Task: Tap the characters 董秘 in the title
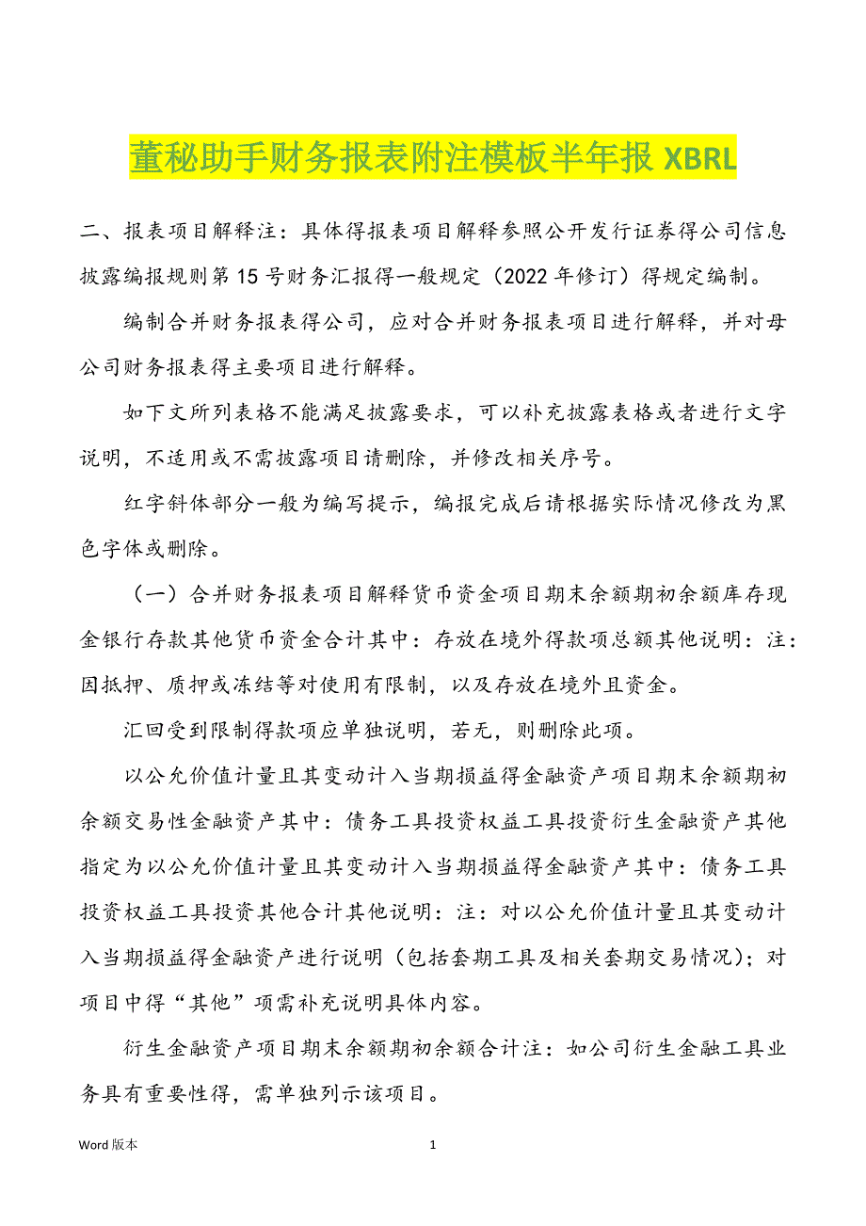(x=159, y=160)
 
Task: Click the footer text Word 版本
(x=108, y=1145)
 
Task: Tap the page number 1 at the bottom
(x=433, y=1145)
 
